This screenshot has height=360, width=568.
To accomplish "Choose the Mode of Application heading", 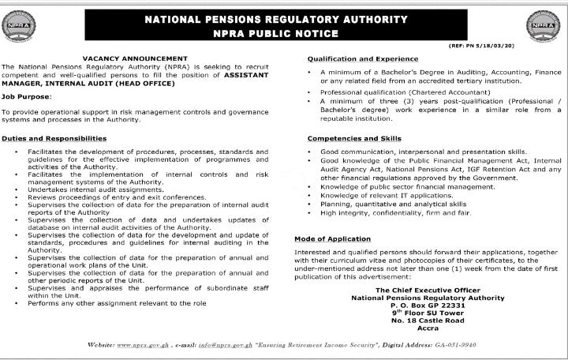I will point(332,238).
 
